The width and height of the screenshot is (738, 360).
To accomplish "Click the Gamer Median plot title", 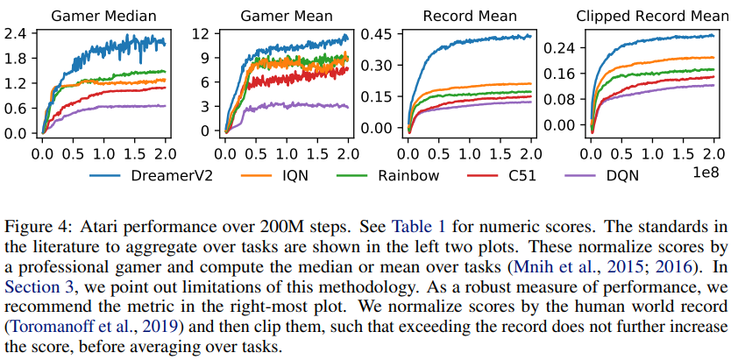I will pyautogui.click(x=107, y=15).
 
